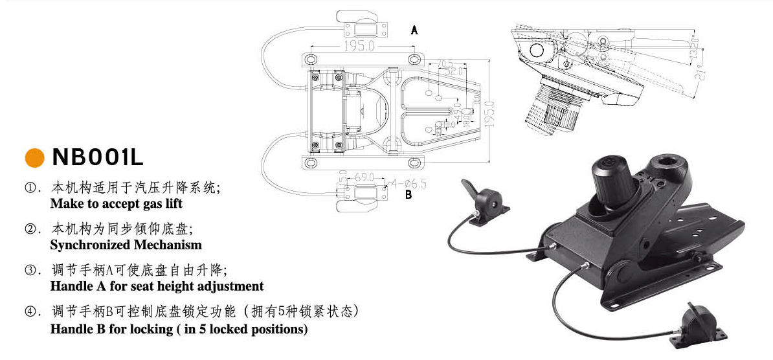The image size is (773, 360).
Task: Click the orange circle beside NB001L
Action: point(34,158)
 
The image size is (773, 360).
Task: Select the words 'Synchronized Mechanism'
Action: point(126,245)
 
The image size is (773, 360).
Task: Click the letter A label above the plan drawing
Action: point(414,30)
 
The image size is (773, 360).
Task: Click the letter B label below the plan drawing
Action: point(408,194)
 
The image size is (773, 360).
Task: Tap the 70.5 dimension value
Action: point(445,63)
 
